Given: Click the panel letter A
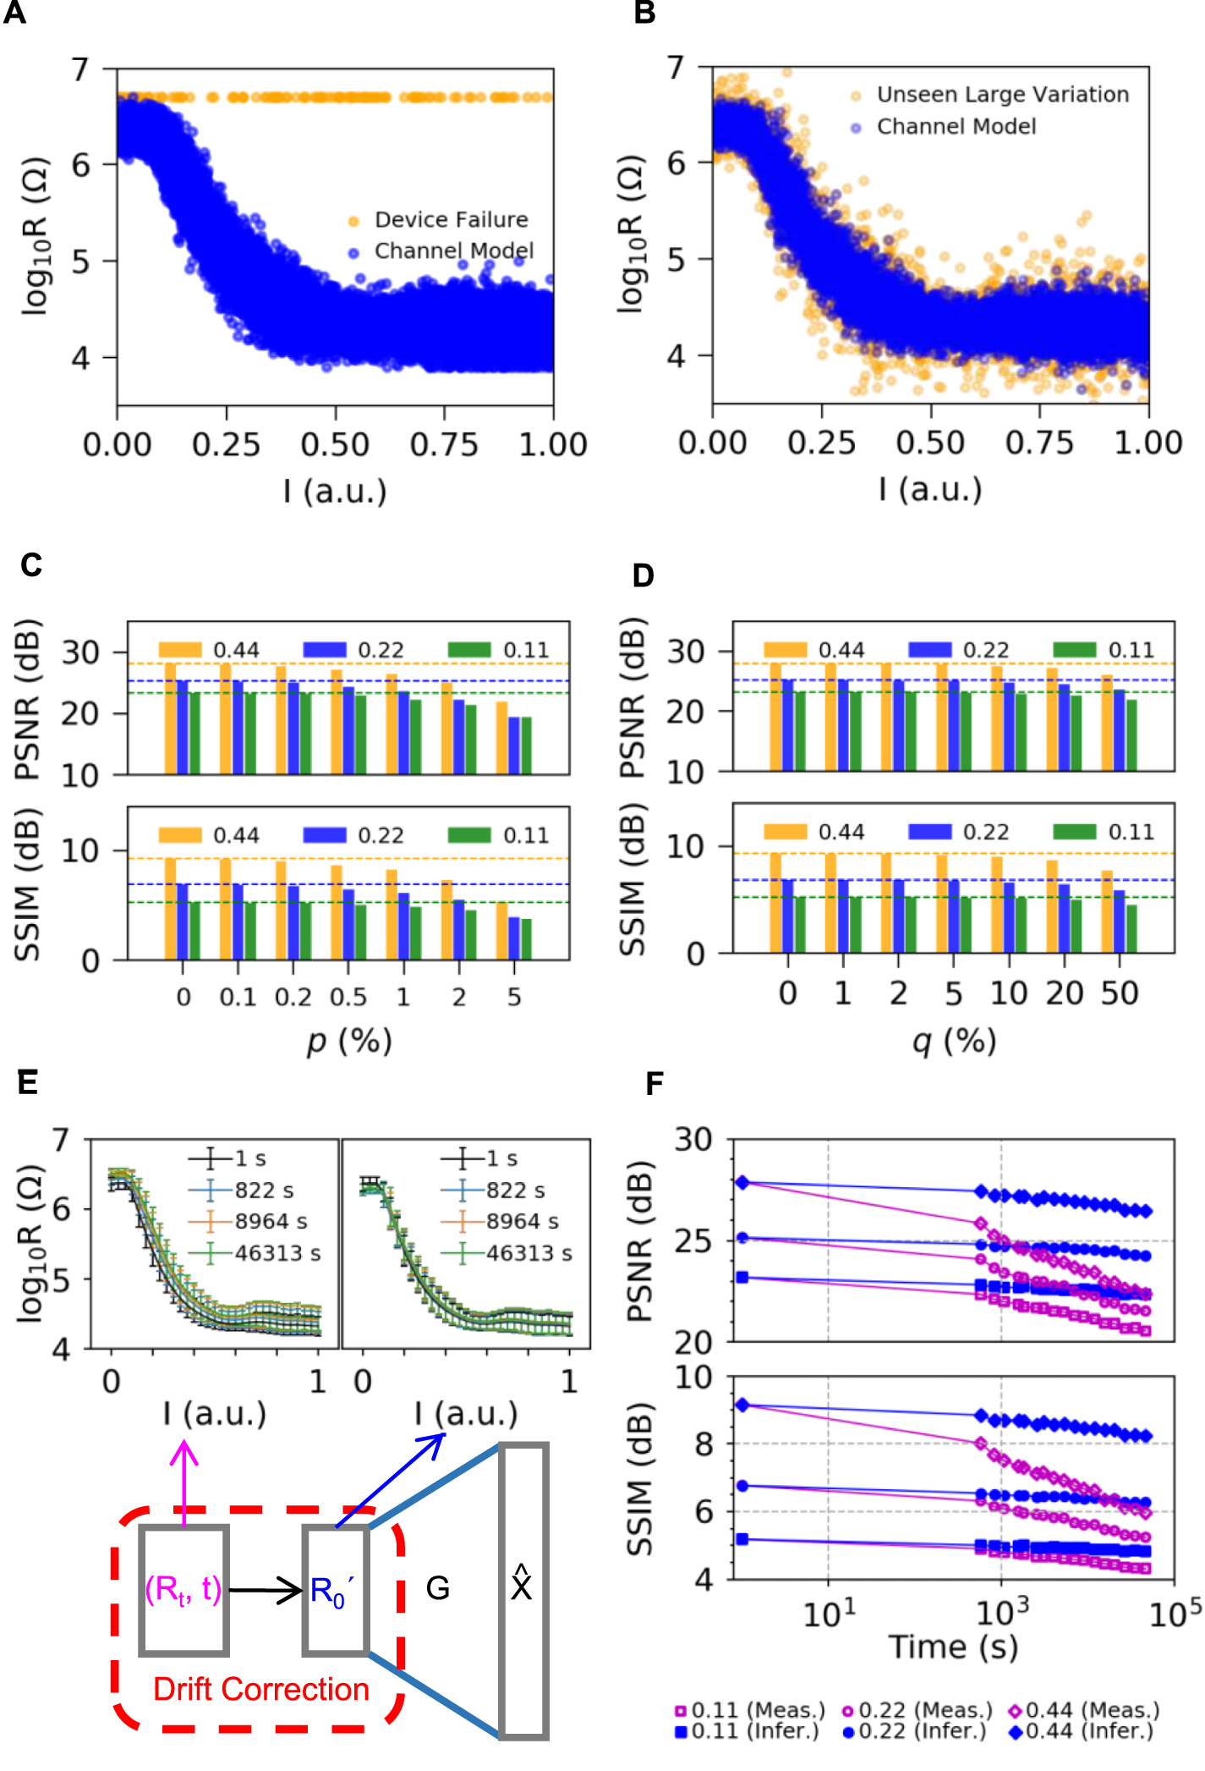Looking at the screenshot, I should (14, 14).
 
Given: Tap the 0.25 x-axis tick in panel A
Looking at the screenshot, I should (226, 444).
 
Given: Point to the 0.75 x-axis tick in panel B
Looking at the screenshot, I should (1039, 443).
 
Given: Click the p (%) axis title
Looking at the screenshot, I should (349, 1041).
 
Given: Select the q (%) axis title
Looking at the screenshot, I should (954, 1041).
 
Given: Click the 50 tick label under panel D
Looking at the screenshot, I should (1119, 993).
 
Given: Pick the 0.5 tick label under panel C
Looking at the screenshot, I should (348, 997).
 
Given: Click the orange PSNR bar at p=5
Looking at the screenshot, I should (502, 737).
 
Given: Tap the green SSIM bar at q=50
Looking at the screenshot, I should (1131, 928).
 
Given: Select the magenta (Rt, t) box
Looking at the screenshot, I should (183, 1591).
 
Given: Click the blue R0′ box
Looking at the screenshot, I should (336, 1591).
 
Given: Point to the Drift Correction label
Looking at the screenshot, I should (260, 1690).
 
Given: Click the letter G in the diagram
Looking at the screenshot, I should (437, 1588).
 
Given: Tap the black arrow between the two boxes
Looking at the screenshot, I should (266, 1591).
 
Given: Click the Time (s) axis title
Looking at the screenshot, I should (953, 1647).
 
